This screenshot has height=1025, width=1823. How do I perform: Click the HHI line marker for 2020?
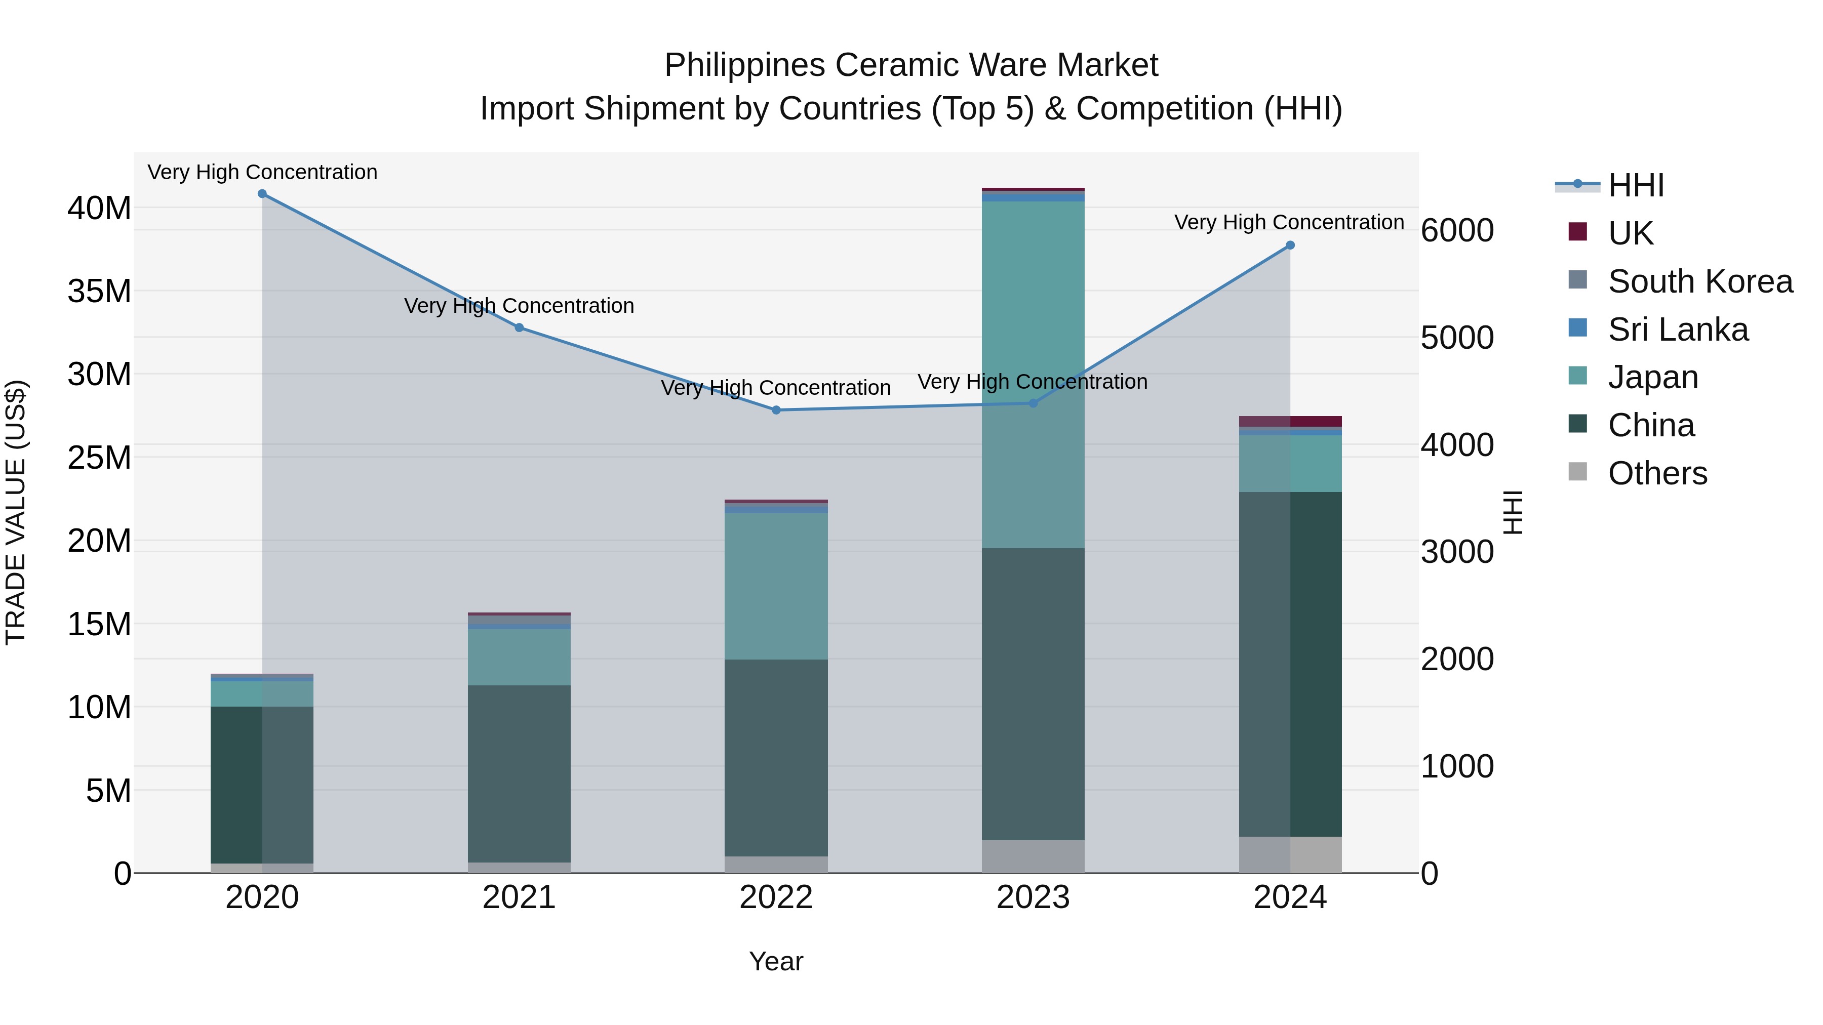pyautogui.click(x=262, y=194)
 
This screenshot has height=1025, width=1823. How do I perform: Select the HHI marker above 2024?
pyautogui.click(x=1289, y=245)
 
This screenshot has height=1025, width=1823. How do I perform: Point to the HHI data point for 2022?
pyautogui.click(x=776, y=411)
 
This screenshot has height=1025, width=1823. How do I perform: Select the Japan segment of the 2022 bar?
pyautogui.click(x=776, y=587)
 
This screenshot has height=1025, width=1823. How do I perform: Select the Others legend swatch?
pyautogui.click(x=1577, y=472)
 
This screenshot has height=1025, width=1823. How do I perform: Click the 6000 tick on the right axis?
pyautogui.click(x=1456, y=231)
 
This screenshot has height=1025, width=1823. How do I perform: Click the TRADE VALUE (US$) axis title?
pyautogui.click(x=16, y=512)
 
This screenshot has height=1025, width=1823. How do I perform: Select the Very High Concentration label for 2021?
pyautogui.click(x=519, y=306)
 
